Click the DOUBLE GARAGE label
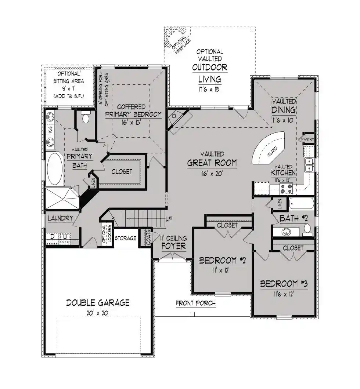click(x=98, y=303)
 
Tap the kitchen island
click(x=268, y=148)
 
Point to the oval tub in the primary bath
click(x=55, y=168)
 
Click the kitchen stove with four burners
click(x=286, y=189)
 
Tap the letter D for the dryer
click(x=53, y=236)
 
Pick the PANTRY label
click(x=307, y=139)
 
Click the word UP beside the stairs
click(x=169, y=219)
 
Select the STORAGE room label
click(x=125, y=238)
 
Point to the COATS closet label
click(x=148, y=237)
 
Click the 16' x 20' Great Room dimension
click(x=212, y=174)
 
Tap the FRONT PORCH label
click(x=196, y=303)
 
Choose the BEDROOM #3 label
click(x=284, y=284)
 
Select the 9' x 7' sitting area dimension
click(x=69, y=88)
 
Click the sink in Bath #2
click(x=286, y=232)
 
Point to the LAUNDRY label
click(x=60, y=218)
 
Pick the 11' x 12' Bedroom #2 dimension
click(x=221, y=270)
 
